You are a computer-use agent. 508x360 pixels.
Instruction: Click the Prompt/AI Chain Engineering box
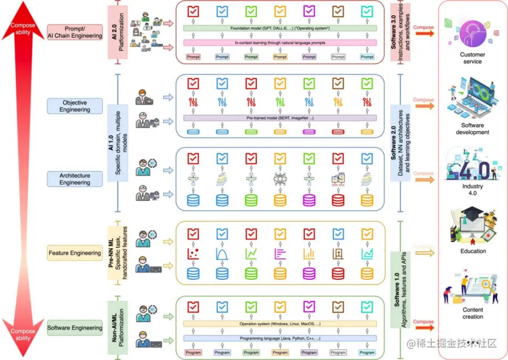click(x=75, y=32)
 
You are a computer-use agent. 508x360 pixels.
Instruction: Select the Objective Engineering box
click(x=75, y=106)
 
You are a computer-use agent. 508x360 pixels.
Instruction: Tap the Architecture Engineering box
click(x=75, y=179)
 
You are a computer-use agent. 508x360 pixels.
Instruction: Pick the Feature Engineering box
click(x=75, y=253)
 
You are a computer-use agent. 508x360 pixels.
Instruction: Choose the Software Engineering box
click(x=75, y=328)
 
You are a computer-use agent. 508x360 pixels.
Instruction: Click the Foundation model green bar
click(x=280, y=28)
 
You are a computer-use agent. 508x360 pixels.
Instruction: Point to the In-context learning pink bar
click(x=280, y=42)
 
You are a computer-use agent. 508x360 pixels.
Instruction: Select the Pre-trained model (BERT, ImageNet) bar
click(x=280, y=118)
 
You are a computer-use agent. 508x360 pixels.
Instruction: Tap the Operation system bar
click(x=280, y=324)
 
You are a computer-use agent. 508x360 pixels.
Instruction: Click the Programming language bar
click(x=280, y=338)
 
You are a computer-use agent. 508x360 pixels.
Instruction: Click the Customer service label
click(x=472, y=58)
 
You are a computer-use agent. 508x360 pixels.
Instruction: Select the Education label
click(x=472, y=251)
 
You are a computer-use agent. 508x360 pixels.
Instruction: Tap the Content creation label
click(x=472, y=313)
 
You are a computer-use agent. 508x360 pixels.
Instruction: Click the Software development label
click(x=472, y=129)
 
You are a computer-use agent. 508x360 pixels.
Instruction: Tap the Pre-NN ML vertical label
click(x=116, y=253)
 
